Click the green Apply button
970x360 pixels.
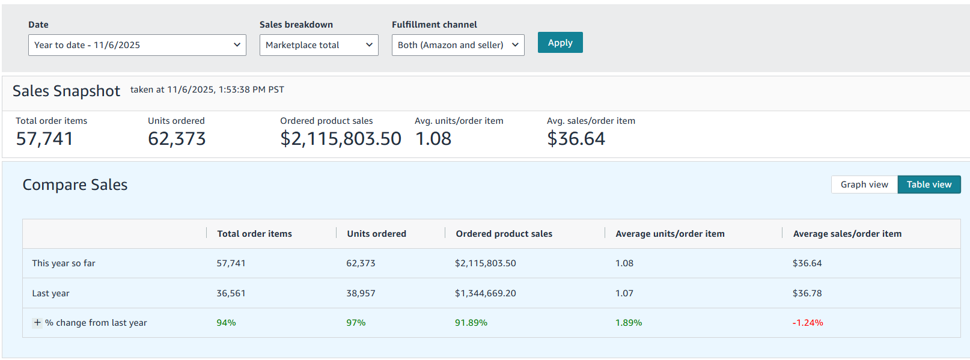click(x=560, y=43)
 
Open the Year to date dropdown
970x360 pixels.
click(x=137, y=45)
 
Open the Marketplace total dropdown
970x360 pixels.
click(x=319, y=45)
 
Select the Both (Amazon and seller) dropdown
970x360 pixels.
click(x=457, y=45)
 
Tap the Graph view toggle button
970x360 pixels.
click(x=864, y=185)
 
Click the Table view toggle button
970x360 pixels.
click(x=929, y=185)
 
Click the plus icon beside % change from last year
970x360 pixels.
click(x=37, y=323)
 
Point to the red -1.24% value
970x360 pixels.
click(x=808, y=323)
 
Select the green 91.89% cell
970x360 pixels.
click(x=471, y=323)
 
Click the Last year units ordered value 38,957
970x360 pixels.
click(x=361, y=293)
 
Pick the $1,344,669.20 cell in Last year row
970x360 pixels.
click(x=486, y=293)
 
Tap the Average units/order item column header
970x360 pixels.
click(x=670, y=234)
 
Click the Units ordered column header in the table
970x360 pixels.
click(x=377, y=234)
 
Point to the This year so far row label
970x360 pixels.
click(x=64, y=263)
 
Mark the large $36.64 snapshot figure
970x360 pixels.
click(x=576, y=139)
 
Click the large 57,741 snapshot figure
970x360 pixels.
click(x=44, y=139)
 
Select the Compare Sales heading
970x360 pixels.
click(x=75, y=185)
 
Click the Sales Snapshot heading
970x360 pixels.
click(x=67, y=91)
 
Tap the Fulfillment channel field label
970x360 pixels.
click(x=435, y=25)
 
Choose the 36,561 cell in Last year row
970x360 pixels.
click(x=231, y=293)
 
